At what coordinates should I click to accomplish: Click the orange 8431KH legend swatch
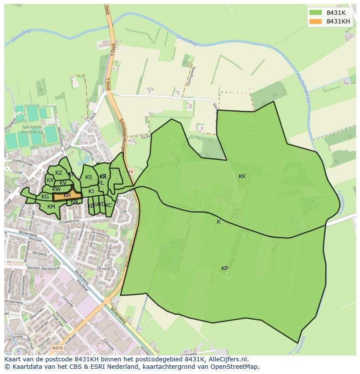point(316,21)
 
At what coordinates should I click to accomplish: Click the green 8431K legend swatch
point(316,13)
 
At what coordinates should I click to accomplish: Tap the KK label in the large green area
point(242,176)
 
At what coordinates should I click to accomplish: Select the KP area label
point(224,268)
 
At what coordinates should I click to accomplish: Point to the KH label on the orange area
point(67,196)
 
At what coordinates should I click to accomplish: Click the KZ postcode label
point(59,173)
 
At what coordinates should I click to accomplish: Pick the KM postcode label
point(51,207)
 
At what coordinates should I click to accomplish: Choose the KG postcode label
point(45,197)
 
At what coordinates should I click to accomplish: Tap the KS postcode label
point(89,177)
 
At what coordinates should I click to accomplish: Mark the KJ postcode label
point(91,192)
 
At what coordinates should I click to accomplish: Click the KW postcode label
point(57,189)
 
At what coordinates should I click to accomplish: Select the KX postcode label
point(50,180)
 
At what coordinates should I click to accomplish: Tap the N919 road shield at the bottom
point(57,348)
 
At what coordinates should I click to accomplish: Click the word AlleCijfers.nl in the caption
point(227,359)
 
